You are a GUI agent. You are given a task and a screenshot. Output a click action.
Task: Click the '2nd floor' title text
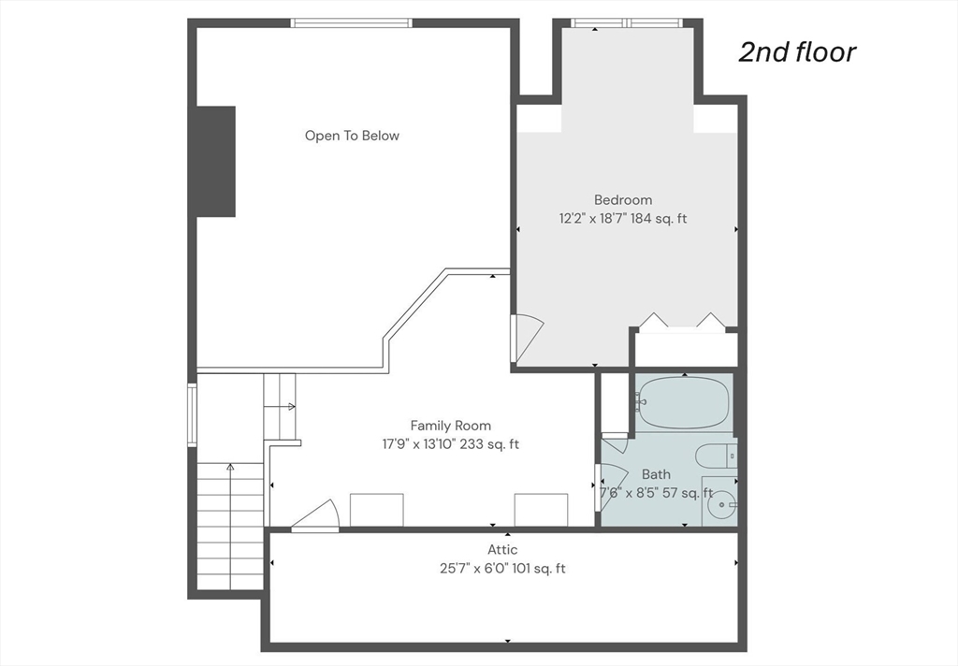(x=797, y=52)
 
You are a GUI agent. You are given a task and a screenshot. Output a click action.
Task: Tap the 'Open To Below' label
(x=352, y=136)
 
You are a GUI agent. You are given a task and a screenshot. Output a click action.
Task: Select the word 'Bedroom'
(x=623, y=200)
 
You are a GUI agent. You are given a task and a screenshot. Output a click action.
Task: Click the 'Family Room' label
(x=450, y=426)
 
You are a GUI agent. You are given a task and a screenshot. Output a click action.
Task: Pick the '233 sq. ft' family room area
(x=489, y=444)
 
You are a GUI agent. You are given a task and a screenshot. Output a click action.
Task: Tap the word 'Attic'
(x=502, y=549)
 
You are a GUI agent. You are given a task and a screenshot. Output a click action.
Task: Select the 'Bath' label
(x=656, y=474)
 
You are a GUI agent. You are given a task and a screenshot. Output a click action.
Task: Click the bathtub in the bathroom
(x=683, y=402)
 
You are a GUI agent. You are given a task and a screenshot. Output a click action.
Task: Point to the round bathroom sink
(x=721, y=505)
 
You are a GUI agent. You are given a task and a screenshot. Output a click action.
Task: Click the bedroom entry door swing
(x=527, y=337)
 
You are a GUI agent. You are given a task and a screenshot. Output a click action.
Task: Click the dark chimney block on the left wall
(x=216, y=162)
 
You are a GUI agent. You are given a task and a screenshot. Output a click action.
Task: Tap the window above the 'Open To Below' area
(x=352, y=23)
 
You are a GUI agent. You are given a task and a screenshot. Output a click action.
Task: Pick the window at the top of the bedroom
(x=627, y=23)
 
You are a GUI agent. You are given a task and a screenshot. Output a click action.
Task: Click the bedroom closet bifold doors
(x=682, y=322)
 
